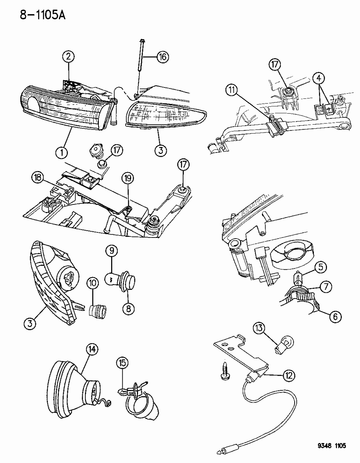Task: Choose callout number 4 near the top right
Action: pos(318,78)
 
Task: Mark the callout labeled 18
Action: pos(38,178)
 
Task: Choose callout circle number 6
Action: pos(335,317)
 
